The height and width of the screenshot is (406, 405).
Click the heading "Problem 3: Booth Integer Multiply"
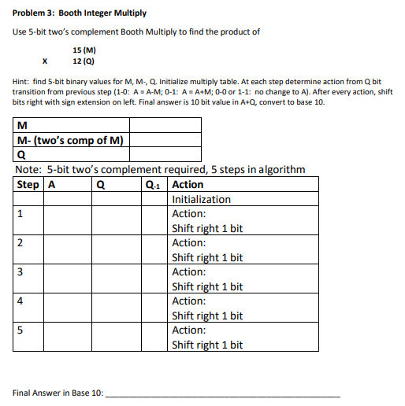point(69,13)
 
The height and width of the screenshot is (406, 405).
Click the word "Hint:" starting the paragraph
point(22,81)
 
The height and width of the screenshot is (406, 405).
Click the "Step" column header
point(28,185)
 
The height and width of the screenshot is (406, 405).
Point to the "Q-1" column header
point(154,185)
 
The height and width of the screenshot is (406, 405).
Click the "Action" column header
point(188,185)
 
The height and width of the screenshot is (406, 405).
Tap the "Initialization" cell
point(201,199)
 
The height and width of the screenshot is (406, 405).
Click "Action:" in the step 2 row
point(188,242)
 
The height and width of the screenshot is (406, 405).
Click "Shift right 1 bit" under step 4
point(206,316)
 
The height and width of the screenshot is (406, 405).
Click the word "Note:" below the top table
point(29,169)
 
